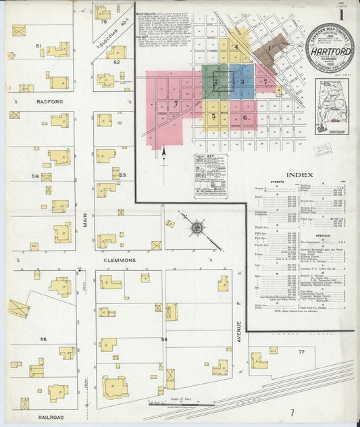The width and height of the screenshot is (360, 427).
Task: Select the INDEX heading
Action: tap(299, 174)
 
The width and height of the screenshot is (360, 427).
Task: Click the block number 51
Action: tap(39, 46)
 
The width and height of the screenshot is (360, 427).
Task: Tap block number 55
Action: tap(43, 338)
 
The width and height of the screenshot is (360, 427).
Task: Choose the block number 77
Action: tap(301, 353)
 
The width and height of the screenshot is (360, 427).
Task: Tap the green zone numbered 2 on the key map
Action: tap(215, 82)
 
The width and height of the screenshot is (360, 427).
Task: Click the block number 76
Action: tap(103, 22)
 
